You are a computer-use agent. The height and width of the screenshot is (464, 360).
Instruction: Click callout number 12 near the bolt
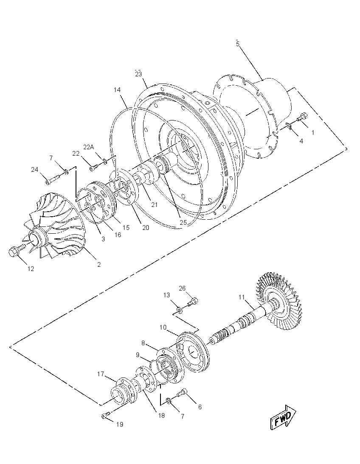pyautogui.click(x=31, y=269)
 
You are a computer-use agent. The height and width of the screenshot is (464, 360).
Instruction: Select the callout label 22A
pyautogui.click(x=89, y=147)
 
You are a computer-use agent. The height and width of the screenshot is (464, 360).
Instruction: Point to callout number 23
pyautogui.click(x=138, y=74)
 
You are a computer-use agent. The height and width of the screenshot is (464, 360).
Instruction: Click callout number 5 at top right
pyautogui.click(x=238, y=44)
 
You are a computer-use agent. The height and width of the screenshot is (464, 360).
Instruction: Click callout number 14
pyautogui.click(x=117, y=89)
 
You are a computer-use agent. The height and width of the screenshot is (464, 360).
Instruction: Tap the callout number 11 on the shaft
pyautogui.click(x=242, y=297)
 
